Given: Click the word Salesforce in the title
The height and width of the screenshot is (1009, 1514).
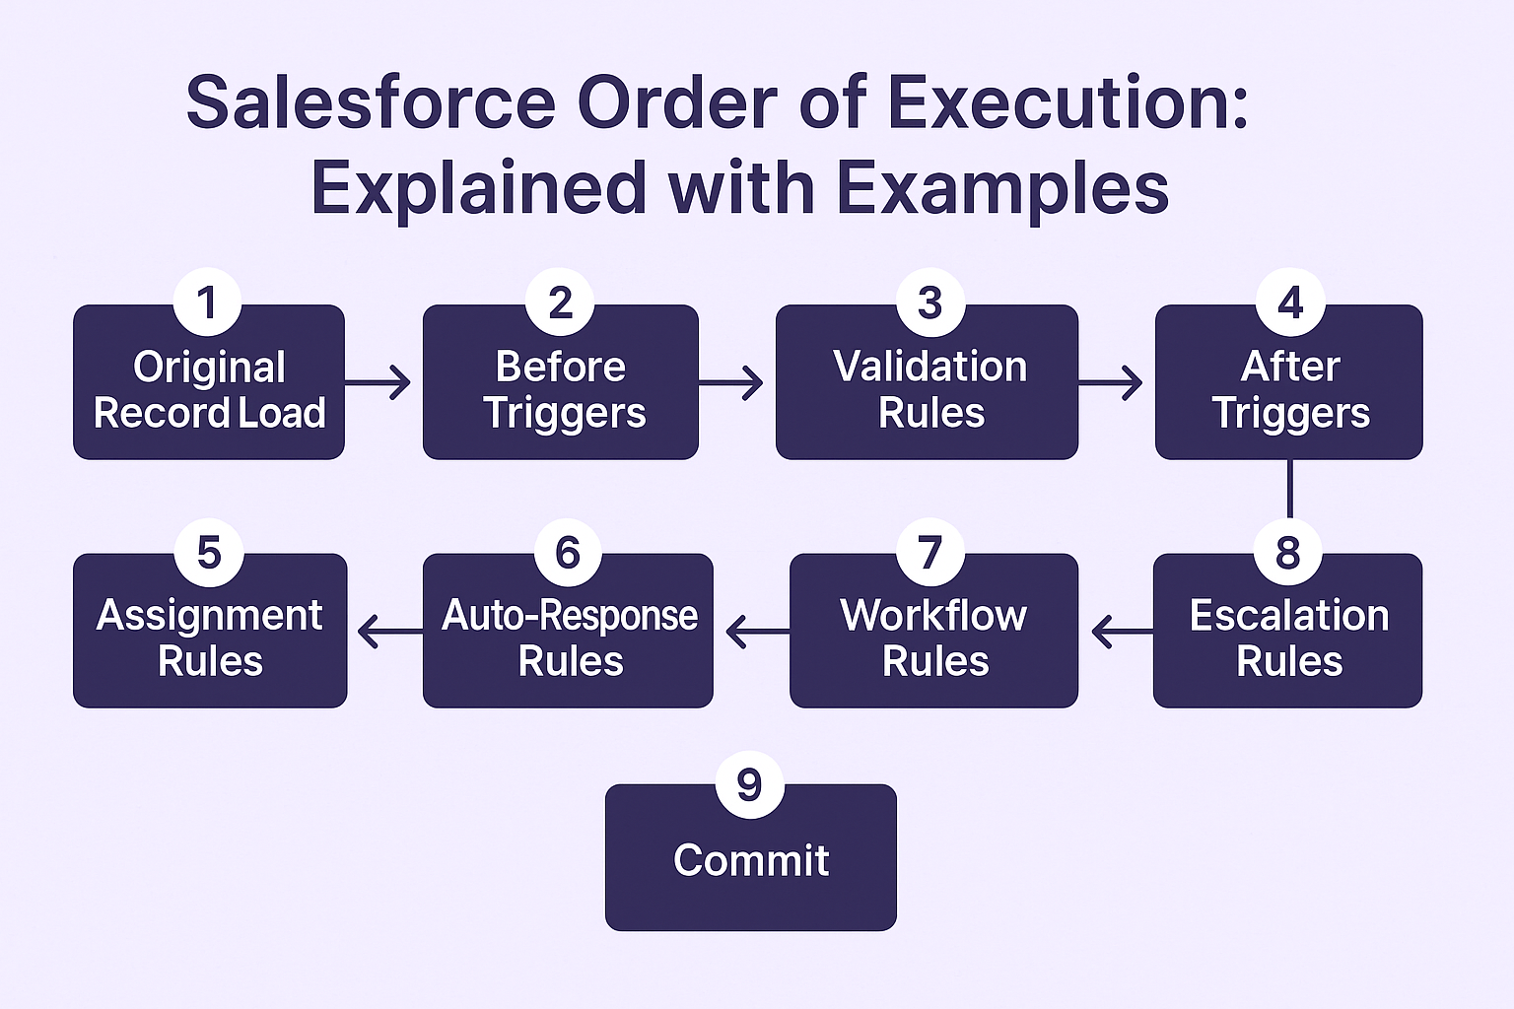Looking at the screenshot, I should (x=371, y=102).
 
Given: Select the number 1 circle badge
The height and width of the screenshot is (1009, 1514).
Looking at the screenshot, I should (x=207, y=303).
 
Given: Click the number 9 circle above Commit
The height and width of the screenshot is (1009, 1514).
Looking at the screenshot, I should (x=749, y=785).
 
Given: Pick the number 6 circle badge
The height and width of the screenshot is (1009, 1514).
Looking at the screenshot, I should (x=568, y=553).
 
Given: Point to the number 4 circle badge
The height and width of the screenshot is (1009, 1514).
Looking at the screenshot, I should (x=1290, y=303).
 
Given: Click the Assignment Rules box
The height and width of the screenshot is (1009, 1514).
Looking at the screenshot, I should (x=210, y=639).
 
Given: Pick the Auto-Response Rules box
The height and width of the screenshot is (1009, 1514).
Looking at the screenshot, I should (x=568, y=639).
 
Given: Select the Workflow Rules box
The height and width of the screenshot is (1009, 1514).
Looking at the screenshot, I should (x=933, y=639).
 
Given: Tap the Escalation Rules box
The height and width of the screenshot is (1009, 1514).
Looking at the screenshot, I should (x=1287, y=639).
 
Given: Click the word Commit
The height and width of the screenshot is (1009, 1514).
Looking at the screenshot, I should (x=751, y=860).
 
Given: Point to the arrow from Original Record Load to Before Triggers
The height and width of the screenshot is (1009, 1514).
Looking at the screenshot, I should (x=379, y=381).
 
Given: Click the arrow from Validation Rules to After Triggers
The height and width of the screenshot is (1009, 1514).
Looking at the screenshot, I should (x=1111, y=381).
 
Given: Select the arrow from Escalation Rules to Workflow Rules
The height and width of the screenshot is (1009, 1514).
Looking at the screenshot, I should (x=1122, y=631).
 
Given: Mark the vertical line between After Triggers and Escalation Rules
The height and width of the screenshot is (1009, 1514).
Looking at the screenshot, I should (x=1289, y=490).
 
